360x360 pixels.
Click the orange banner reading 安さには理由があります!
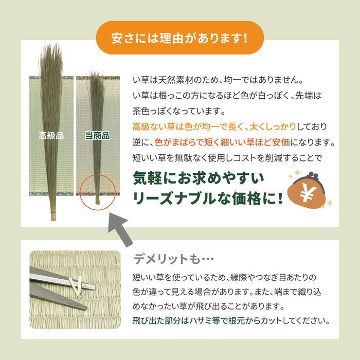pos(180,38)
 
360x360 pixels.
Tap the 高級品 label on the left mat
pos(51,136)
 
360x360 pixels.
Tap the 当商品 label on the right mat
pos(97,136)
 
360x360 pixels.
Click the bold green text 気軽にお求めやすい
pos(199,177)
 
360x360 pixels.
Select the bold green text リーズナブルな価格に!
pos(208,199)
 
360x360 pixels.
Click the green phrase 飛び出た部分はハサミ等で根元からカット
pos(211,321)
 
